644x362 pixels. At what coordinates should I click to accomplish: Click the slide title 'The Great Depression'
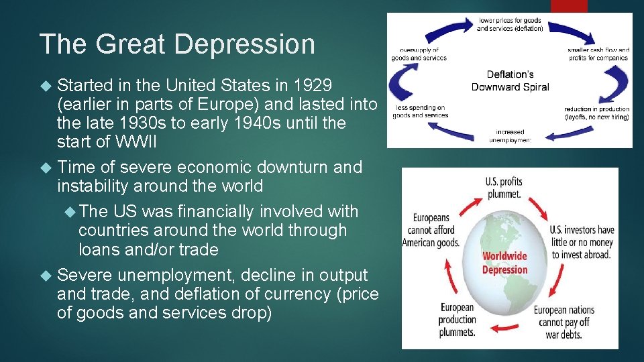pos(177,44)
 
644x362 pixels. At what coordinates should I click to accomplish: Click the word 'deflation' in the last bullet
pos(200,294)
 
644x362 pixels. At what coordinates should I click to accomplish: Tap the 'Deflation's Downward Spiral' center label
pos(510,80)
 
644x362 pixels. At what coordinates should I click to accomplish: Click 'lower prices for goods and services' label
pos(509,25)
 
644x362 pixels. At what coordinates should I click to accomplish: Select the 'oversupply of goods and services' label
pos(419,54)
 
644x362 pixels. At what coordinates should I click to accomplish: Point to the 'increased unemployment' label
pos(510,136)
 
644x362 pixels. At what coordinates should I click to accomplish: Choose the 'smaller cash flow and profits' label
pos(598,54)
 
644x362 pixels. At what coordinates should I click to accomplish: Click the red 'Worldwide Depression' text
pos(504,263)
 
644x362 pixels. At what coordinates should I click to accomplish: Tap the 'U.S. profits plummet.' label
pos(503,187)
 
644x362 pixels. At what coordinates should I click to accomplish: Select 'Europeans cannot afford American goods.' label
pos(430,230)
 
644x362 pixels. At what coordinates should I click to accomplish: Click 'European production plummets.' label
pos(457,319)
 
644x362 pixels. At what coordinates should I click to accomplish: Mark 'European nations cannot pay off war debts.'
pos(564,320)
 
